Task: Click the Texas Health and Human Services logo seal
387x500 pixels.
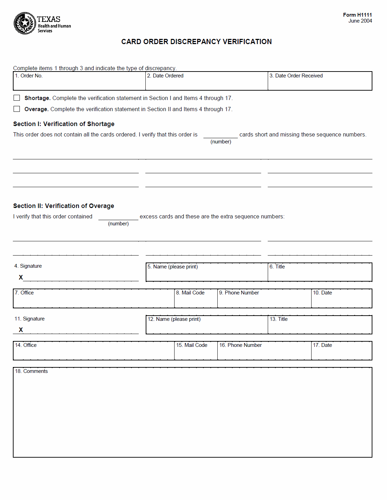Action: pyautogui.click(x=25, y=23)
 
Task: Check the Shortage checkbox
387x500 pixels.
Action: pyautogui.click(x=17, y=98)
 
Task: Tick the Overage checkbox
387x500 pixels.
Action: pyautogui.click(x=17, y=109)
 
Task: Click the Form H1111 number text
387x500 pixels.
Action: pyautogui.click(x=357, y=15)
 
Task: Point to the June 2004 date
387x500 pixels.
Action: pyautogui.click(x=360, y=21)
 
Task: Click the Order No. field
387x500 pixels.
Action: pyautogui.click(x=79, y=83)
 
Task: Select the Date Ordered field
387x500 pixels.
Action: pyautogui.click(x=207, y=83)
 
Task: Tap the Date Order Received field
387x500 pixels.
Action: pyautogui.click(x=320, y=83)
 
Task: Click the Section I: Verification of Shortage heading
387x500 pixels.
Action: pyautogui.click(x=64, y=124)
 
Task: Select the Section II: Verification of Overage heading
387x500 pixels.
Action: pyautogui.click(x=64, y=206)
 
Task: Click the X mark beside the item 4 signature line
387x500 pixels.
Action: pyautogui.click(x=21, y=277)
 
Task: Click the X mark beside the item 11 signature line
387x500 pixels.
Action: pyautogui.click(x=21, y=330)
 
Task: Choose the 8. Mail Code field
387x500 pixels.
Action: pyautogui.click(x=196, y=301)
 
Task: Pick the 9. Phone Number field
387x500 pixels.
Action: pyautogui.click(x=264, y=301)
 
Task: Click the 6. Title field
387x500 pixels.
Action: pyautogui.click(x=320, y=275)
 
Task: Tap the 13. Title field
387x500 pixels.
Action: pyautogui.click(x=320, y=327)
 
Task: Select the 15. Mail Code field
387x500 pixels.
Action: pyautogui.click(x=196, y=353)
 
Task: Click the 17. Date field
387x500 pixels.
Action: pyautogui.click(x=341, y=353)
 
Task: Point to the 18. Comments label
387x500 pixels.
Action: pyautogui.click(x=31, y=371)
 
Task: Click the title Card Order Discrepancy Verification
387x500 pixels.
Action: pyautogui.click(x=196, y=42)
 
